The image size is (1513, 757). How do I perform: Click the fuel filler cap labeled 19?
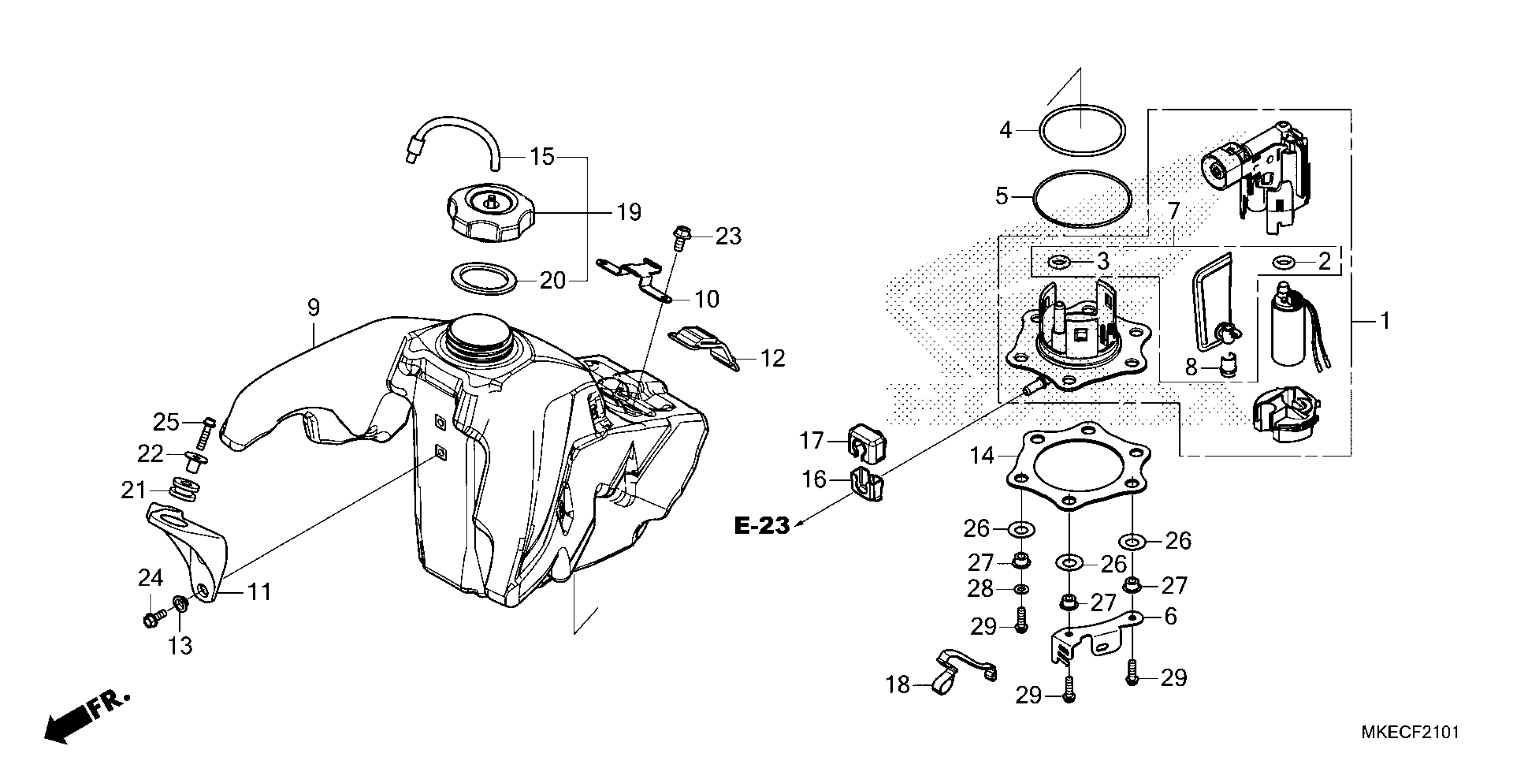(x=490, y=217)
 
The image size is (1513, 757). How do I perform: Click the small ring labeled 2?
(x=1282, y=261)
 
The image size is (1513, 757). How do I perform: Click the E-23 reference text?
(x=762, y=525)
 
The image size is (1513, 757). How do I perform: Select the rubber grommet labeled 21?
(x=184, y=491)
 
